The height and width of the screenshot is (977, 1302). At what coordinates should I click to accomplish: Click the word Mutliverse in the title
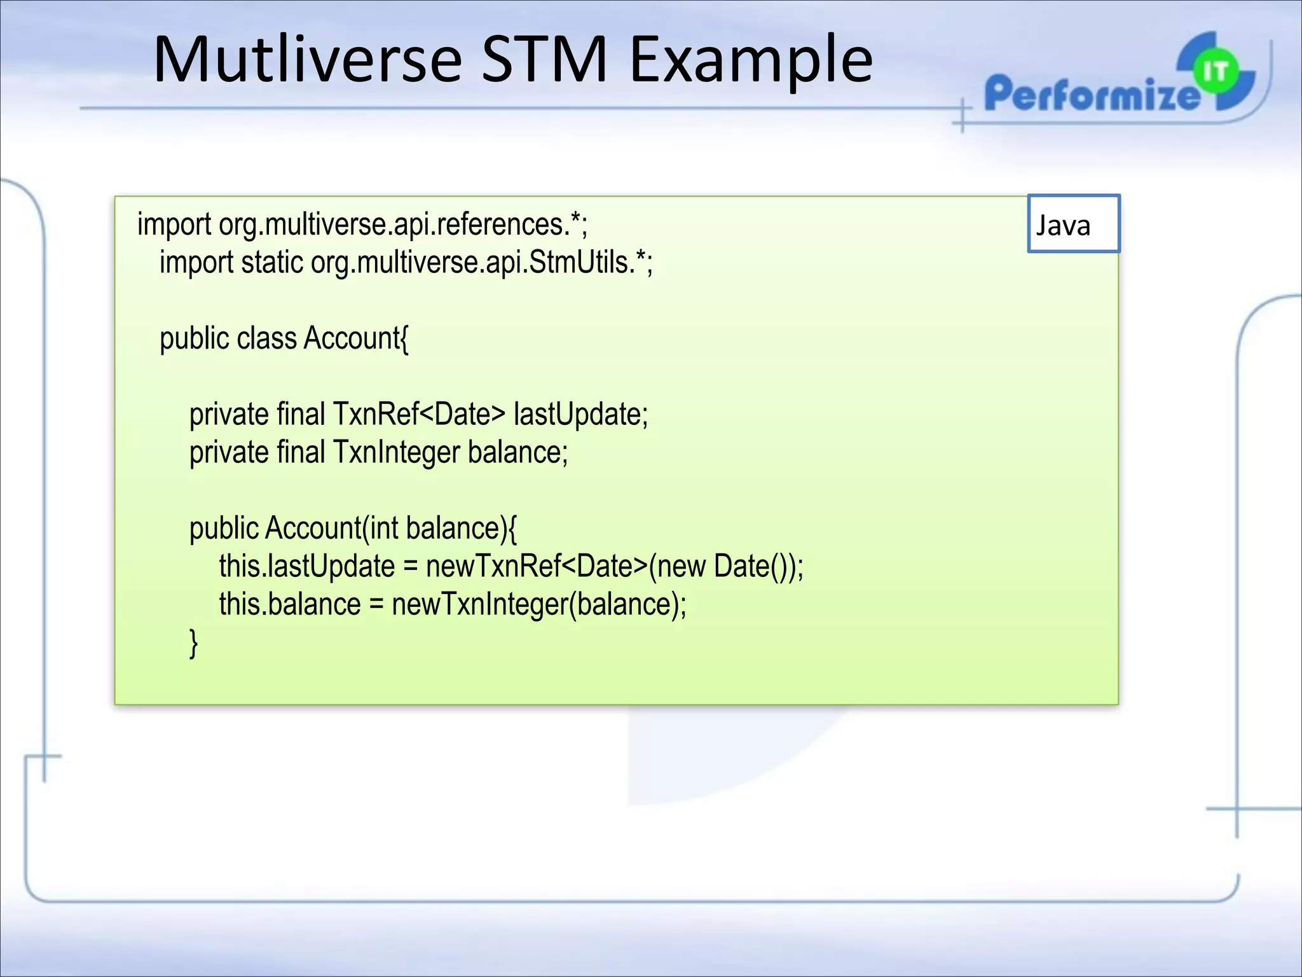[307, 60]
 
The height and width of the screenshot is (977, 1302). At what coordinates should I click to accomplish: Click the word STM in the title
[544, 60]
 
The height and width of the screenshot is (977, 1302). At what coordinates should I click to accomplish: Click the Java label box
[1073, 224]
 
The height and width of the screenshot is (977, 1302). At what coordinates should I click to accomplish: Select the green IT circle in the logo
[1215, 71]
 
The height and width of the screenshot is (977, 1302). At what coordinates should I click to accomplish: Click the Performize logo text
[1090, 94]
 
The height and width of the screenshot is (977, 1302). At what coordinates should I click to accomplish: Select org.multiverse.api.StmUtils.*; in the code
[481, 263]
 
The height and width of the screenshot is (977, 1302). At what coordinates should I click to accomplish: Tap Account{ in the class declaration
[356, 338]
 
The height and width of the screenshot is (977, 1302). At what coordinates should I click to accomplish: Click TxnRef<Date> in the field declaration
[419, 415]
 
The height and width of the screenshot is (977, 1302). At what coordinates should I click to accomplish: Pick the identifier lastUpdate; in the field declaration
[580, 415]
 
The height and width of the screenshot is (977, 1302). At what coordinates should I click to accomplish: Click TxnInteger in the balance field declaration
[396, 453]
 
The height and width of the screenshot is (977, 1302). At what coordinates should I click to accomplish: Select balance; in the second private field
[517, 453]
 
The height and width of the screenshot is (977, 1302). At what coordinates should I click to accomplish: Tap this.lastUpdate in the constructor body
[307, 567]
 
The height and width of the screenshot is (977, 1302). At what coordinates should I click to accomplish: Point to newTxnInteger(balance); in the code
[539, 604]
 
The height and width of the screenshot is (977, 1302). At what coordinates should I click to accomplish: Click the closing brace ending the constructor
[194, 642]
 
